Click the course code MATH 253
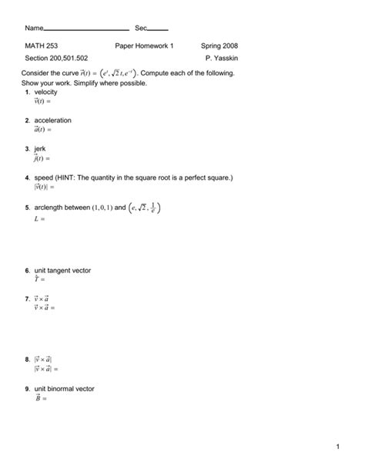pos(41,46)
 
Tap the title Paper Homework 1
pos(144,46)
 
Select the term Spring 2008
pos(219,46)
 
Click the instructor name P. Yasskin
pos(222,59)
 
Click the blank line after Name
pos(86,29)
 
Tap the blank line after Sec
pos(157,29)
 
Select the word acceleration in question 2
pos(53,120)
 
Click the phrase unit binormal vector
pos(64,389)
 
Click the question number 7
pos(27,296)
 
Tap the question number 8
pos(27,360)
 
